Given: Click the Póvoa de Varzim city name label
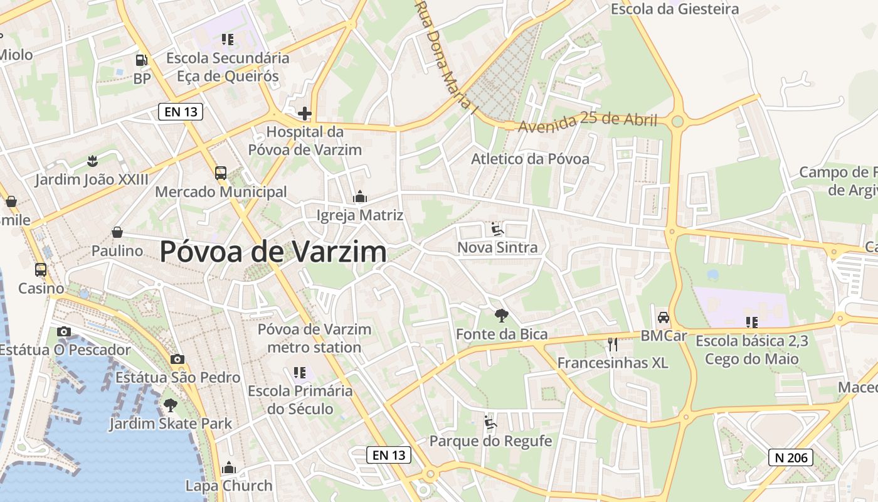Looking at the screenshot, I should point(273,252).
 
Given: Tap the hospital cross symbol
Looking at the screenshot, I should point(305,114).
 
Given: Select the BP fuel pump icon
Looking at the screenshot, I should point(142,60).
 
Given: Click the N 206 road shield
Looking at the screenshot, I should point(791,457).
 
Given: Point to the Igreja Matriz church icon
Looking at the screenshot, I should point(360,197).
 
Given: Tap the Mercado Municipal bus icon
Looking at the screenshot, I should point(221,173).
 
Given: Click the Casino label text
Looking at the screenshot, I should point(41,289).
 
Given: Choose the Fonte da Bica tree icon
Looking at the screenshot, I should point(501,315).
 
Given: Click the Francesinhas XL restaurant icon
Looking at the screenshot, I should point(613,344).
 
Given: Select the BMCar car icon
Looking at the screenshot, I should point(664,317).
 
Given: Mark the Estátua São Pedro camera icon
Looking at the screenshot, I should point(177,359).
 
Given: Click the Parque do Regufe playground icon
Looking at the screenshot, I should point(490,422).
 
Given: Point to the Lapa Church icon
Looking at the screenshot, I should point(228,468).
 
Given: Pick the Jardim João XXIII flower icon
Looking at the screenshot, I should point(92,161).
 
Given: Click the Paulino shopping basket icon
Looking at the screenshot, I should point(117,232).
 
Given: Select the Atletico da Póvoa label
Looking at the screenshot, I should point(530,159).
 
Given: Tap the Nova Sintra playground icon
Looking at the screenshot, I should point(497,228).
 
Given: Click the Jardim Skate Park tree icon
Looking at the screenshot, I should point(170,405).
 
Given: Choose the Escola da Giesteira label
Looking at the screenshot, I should point(675,9).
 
